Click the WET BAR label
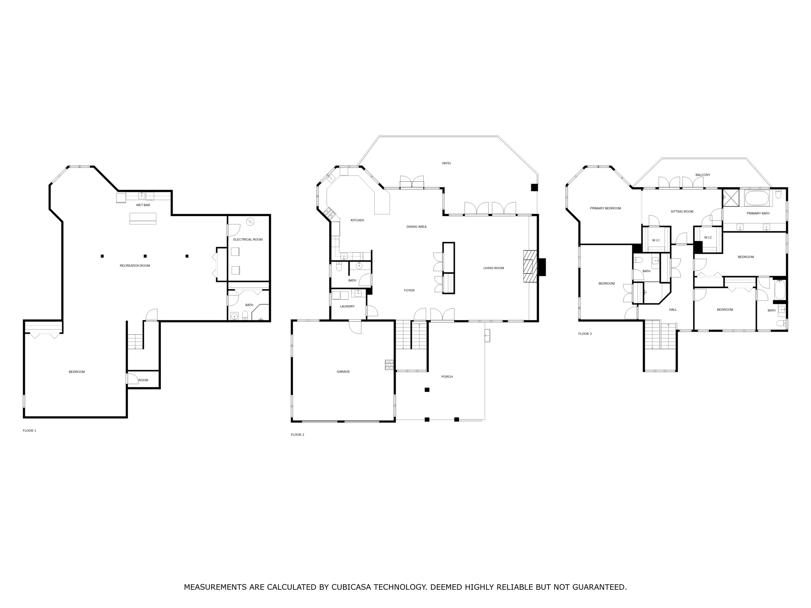click(143, 205)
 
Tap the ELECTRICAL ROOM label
click(247, 239)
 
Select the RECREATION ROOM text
click(135, 266)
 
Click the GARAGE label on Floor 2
click(343, 372)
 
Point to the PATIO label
click(446, 163)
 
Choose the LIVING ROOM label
click(493, 268)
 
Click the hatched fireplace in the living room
click(530, 266)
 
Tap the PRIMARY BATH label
click(758, 213)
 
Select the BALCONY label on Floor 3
click(702, 175)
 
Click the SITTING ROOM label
click(682, 211)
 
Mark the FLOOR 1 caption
click(29, 431)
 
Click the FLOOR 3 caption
click(585, 334)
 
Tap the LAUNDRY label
click(347, 306)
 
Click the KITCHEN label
click(357, 220)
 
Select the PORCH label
click(447, 377)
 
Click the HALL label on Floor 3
click(673, 310)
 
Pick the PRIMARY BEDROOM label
click(605, 208)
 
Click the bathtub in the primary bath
click(757, 198)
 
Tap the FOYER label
click(409, 291)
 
